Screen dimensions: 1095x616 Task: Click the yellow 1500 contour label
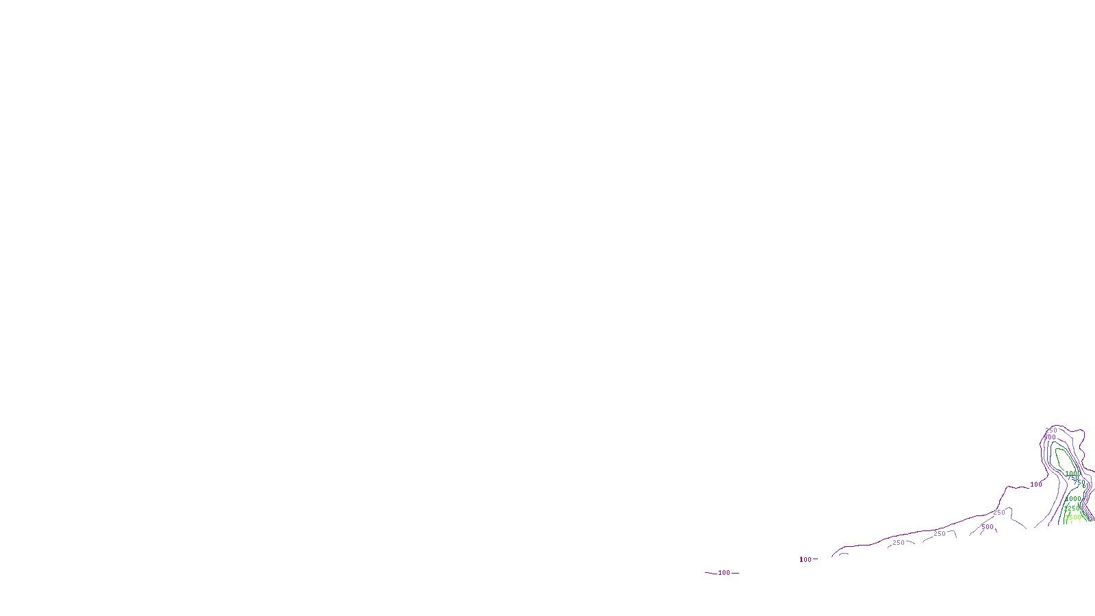[x=1073, y=517]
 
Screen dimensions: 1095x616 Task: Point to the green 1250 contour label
[x=1072, y=509]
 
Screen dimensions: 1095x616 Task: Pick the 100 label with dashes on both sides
[x=723, y=573]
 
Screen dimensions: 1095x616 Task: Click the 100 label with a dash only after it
[x=806, y=560]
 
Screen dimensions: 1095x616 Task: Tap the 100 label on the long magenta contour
[x=1036, y=485]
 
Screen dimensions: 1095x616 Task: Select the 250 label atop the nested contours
[x=1051, y=431]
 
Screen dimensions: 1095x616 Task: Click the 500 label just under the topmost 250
[x=1050, y=437]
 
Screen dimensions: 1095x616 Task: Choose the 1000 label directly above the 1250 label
[x=1073, y=499]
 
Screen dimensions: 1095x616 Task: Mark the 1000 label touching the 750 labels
[x=1072, y=474]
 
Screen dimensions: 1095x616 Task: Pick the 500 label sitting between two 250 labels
[x=987, y=527]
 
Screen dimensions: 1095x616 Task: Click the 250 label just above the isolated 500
[x=999, y=513]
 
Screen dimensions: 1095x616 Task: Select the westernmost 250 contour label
[x=899, y=543]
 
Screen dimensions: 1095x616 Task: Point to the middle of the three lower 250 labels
[x=940, y=534]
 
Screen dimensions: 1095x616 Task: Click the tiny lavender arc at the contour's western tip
[x=844, y=554]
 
